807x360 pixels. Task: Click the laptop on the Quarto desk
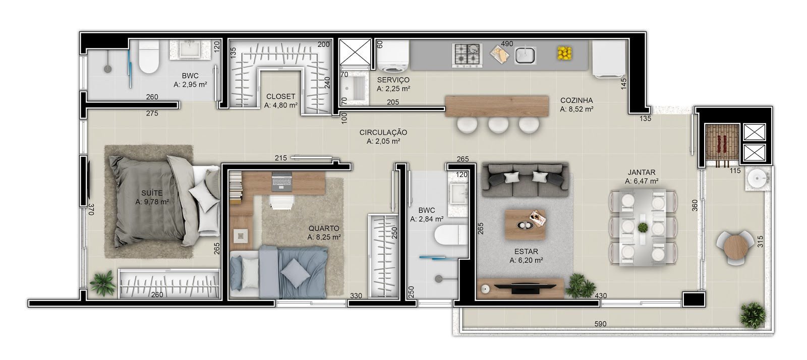[281, 182]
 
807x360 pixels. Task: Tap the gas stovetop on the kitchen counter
[467, 55]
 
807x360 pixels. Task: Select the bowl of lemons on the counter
[565, 53]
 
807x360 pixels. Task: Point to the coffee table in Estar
[525, 225]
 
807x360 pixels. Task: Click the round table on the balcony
[734, 248]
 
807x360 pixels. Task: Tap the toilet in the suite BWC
[149, 56]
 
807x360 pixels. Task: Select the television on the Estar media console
[525, 287]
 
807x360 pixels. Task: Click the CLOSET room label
[280, 96]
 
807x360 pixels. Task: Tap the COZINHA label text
[577, 100]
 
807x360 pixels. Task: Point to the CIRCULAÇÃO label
[383, 133]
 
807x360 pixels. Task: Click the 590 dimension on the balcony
[600, 324]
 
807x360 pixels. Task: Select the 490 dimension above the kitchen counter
[507, 43]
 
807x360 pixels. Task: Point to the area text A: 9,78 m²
[152, 202]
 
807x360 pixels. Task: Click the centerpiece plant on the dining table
[643, 227]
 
